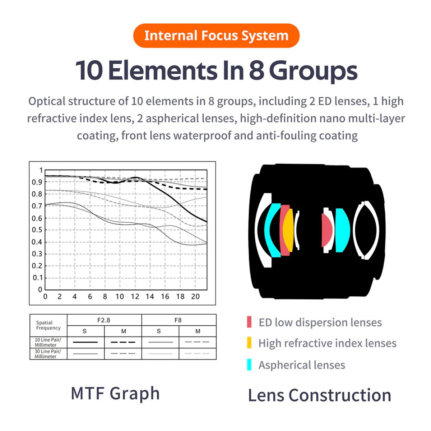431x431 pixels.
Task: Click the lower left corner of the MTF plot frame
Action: click(x=45, y=289)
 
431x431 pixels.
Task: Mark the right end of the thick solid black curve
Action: click(x=207, y=222)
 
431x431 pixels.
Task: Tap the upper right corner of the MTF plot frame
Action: click(x=207, y=170)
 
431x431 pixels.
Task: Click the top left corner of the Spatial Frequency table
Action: click(x=30, y=315)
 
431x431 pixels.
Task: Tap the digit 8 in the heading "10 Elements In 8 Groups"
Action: click(x=256, y=70)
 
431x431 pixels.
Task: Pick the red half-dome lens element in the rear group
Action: click(x=327, y=230)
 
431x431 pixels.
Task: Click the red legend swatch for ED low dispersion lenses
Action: click(x=249, y=322)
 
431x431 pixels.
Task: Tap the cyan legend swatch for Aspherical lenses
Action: click(x=249, y=364)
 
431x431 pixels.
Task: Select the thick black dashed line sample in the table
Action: click(x=123, y=342)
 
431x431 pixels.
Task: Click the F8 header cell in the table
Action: click(x=179, y=320)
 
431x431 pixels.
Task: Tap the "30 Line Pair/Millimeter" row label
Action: click(x=48, y=354)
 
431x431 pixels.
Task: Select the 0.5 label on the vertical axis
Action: click(x=37, y=230)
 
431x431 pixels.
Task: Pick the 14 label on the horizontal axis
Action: click(x=150, y=297)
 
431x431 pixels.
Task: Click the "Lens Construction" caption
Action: click(x=320, y=395)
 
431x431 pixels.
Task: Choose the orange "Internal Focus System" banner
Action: click(x=216, y=36)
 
